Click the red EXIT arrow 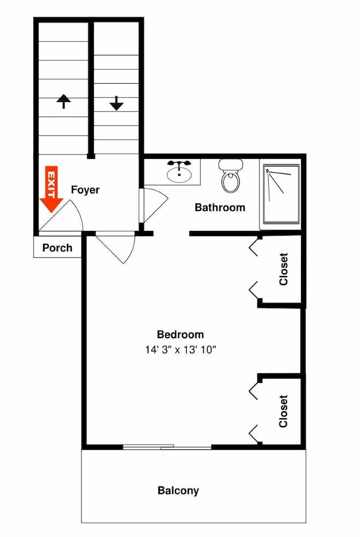click(x=52, y=189)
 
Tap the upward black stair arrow click(x=64, y=101)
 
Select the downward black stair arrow click(x=117, y=103)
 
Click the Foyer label click(x=85, y=190)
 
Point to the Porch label click(x=57, y=248)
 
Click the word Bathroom click(x=219, y=207)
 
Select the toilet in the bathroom click(x=231, y=176)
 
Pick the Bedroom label click(x=180, y=334)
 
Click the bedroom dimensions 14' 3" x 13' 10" click(x=181, y=350)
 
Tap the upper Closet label click(x=283, y=269)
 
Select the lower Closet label click(x=283, y=411)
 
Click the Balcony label click(x=178, y=490)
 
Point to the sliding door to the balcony click(x=167, y=446)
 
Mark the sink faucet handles click(x=179, y=163)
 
